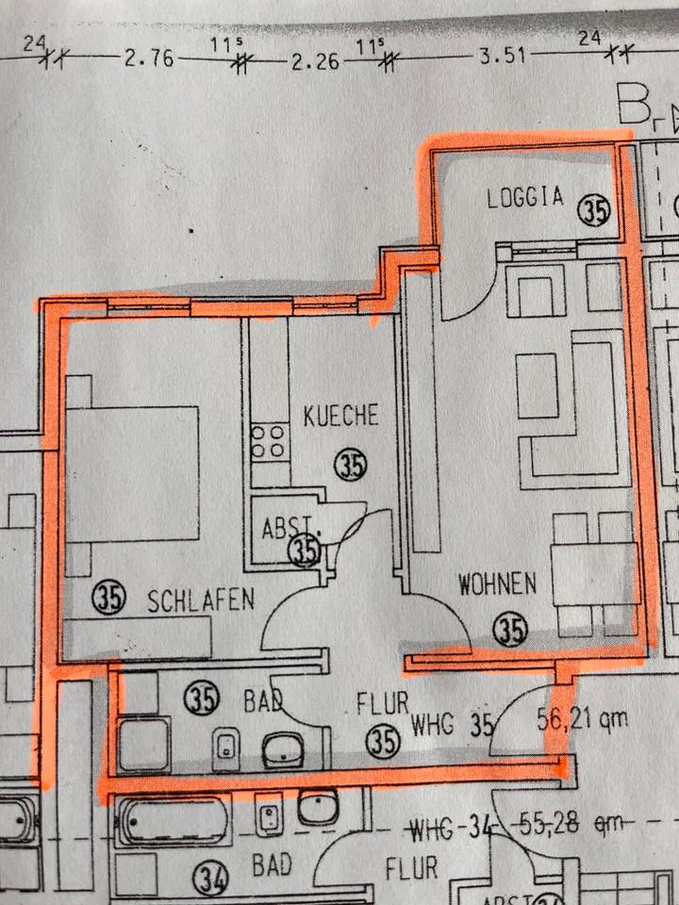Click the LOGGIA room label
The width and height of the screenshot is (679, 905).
pos(525,197)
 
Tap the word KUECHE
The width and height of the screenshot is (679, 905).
pos(340,415)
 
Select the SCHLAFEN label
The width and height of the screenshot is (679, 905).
pos(201,599)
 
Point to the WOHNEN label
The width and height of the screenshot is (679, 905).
pos(497,584)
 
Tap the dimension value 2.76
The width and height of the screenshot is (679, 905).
pos(148,58)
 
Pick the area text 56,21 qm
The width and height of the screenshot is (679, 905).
pos(582,720)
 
